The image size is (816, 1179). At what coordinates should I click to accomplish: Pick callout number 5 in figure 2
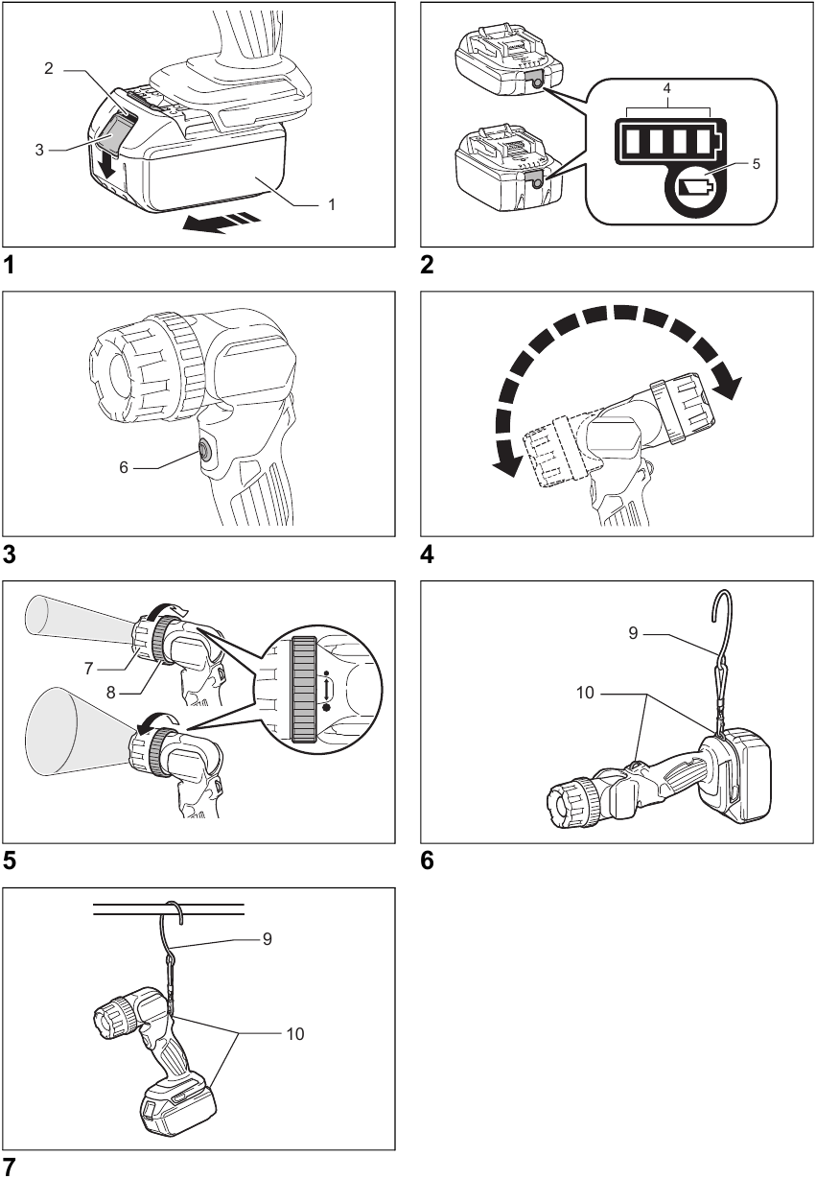coord(757,164)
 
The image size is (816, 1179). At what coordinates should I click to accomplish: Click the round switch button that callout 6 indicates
coord(204,449)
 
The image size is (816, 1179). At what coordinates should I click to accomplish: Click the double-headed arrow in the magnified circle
coord(328,690)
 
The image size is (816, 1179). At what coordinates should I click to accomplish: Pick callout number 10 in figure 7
coord(296,1033)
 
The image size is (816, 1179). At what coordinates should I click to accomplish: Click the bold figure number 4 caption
coord(427,554)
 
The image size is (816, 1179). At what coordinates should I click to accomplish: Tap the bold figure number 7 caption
coord(10,1167)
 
